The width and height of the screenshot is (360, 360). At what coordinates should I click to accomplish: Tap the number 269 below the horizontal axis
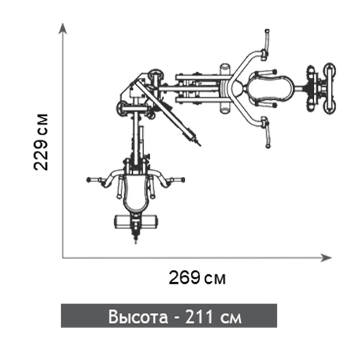(x=184, y=277)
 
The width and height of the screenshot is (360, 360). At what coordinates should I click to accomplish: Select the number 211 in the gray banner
(x=199, y=317)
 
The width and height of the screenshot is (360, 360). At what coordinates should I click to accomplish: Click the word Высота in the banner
(x=138, y=317)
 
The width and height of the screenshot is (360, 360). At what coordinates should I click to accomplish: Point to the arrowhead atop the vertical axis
(x=63, y=28)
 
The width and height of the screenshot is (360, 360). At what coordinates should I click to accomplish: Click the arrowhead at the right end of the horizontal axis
(x=326, y=258)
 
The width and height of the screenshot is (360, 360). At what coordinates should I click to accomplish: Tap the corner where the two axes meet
(x=63, y=258)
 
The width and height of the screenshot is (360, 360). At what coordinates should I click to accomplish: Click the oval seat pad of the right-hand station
(x=271, y=89)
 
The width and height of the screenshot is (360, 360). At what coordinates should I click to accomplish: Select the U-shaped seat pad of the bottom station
(x=135, y=193)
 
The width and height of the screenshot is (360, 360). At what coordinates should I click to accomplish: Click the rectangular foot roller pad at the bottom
(x=136, y=222)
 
